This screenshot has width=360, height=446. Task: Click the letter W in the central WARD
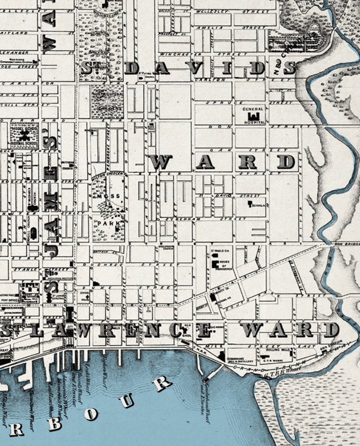point(161,161)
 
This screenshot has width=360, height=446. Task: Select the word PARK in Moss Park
point(104,223)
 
